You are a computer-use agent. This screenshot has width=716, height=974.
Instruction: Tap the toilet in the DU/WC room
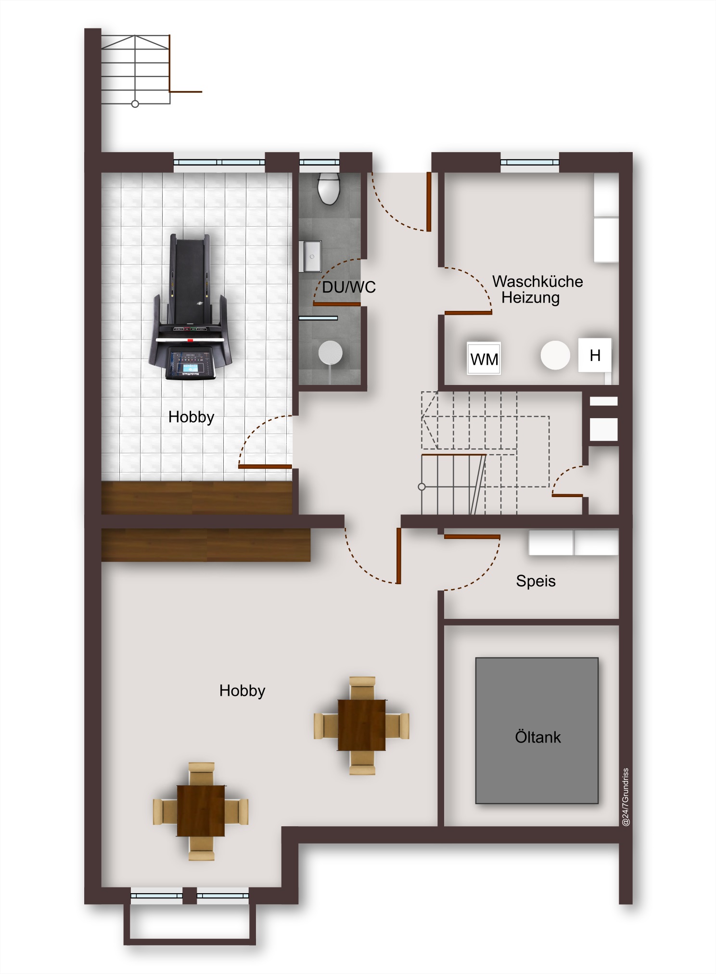point(329,189)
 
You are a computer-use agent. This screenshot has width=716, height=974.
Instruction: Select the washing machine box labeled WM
point(484,358)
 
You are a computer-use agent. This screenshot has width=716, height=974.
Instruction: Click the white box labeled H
point(595,355)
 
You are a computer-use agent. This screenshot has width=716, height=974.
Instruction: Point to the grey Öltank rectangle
point(537,730)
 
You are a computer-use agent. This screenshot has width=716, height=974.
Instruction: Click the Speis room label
point(536,581)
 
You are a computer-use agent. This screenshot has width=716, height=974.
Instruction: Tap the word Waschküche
point(537,281)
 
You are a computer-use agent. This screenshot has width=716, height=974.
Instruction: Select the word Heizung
point(530,297)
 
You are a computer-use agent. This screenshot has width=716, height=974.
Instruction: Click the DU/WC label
point(349,287)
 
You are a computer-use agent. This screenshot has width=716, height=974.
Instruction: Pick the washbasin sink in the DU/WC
point(310,256)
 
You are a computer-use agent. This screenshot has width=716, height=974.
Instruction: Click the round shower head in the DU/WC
point(330,353)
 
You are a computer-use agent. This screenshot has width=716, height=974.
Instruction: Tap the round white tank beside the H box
point(555,355)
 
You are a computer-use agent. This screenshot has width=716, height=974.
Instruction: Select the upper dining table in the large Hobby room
point(361,725)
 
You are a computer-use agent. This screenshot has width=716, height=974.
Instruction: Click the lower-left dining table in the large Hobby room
point(201,811)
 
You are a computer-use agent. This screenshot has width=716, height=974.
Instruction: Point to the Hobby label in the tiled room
point(191,417)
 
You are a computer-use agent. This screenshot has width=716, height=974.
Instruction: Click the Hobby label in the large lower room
point(242,691)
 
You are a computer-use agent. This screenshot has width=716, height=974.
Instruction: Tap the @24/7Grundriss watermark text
point(626,797)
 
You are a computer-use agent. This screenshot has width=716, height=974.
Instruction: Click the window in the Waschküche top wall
point(530,162)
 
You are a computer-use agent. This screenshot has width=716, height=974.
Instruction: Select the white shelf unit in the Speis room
point(573,542)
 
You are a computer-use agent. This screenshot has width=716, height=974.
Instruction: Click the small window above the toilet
point(320,162)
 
